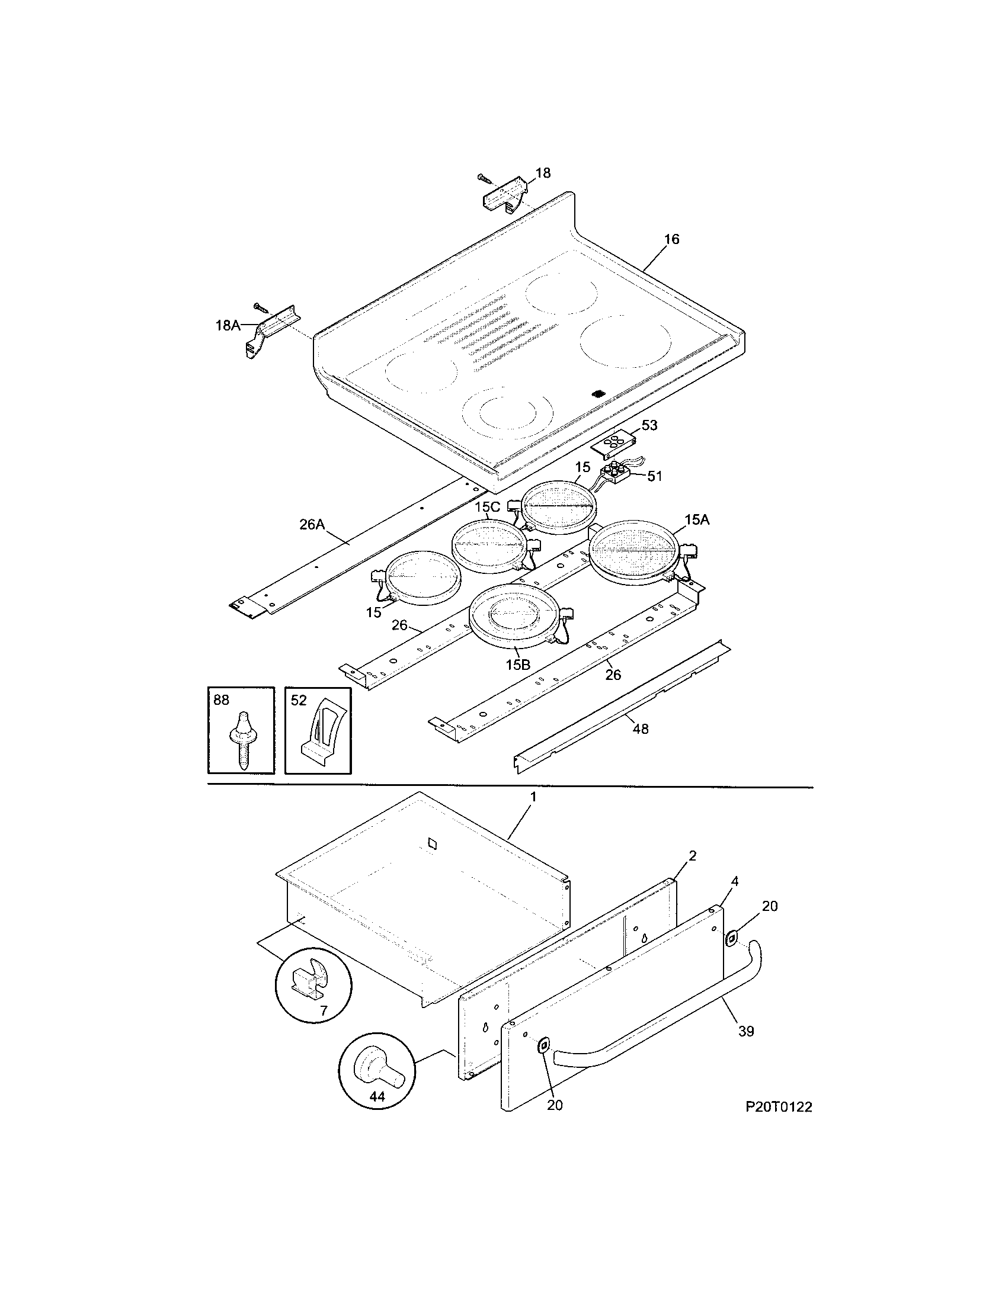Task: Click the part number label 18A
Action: tap(227, 325)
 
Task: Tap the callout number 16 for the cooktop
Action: tap(671, 239)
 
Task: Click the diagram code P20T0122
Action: tap(778, 1108)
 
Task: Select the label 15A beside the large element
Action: tap(696, 519)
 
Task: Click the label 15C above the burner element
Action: tap(487, 507)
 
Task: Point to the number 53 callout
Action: tap(649, 425)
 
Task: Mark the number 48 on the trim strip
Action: tap(641, 728)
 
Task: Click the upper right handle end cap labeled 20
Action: tap(731, 940)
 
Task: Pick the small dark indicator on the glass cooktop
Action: tap(597, 394)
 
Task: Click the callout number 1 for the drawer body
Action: tap(533, 797)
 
